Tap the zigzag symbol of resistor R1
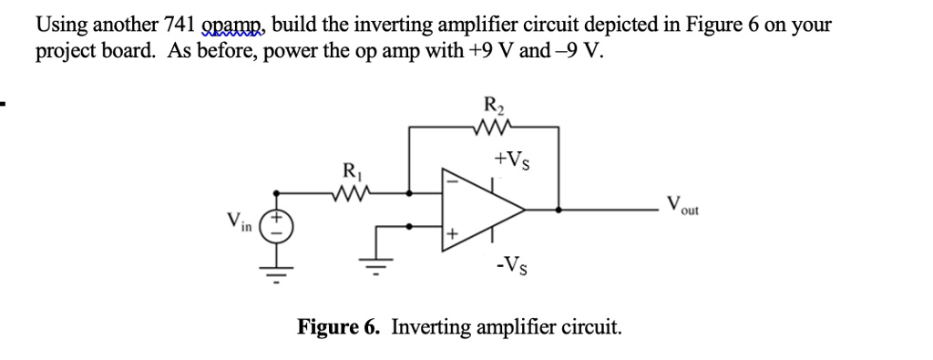pyautogui.click(x=352, y=192)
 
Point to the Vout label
pyautogui.click(x=682, y=204)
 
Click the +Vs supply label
pyautogui.click(x=510, y=161)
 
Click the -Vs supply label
pyautogui.click(x=510, y=268)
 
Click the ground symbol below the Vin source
pyautogui.click(x=278, y=269)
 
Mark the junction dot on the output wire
pyautogui.click(x=558, y=208)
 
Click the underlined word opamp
pyautogui.click(x=235, y=26)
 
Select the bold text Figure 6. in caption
pyautogui.click(x=342, y=326)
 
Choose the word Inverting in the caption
pyautogui.click(x=431, y=326)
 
